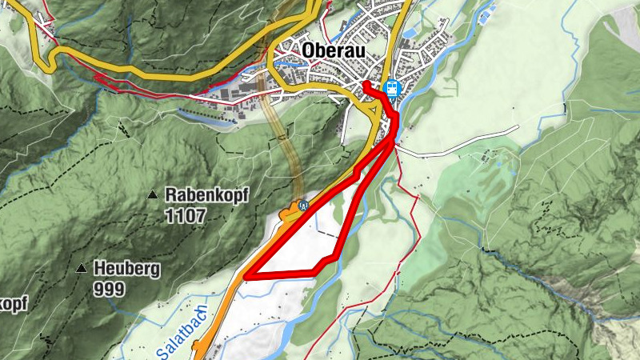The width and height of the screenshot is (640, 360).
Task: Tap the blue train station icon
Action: tap(391, 88)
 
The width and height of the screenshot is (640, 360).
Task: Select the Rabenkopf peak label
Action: tap(197, 194)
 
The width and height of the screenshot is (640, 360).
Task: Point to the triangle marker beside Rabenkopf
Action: tap(152, 194)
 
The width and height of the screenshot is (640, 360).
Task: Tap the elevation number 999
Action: tap(109, 289)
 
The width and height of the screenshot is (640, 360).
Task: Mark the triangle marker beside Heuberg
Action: tap(82, 269)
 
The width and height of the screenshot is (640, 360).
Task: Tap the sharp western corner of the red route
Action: tap(246, 276)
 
